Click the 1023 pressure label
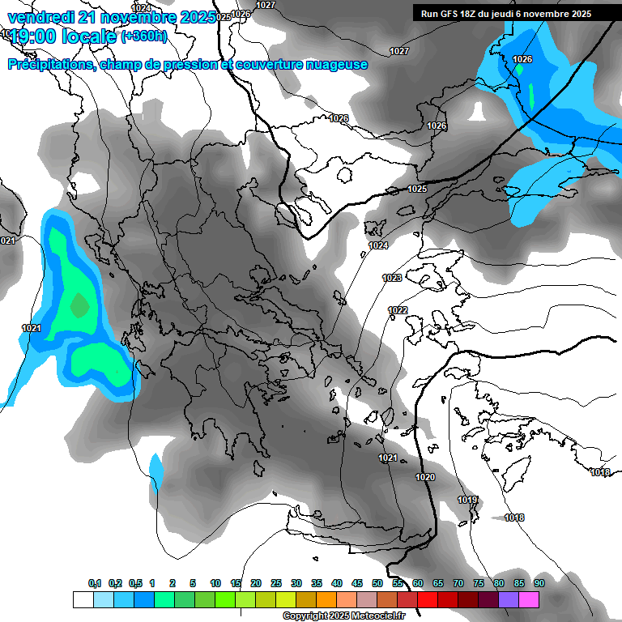[x=392, y=278]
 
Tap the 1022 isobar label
[x=398, y=310]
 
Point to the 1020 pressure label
[x=425, y=477]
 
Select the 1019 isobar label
[x=467, y=500]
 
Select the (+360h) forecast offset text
[x=144, y=36]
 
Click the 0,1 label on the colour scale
[x=95, y=583]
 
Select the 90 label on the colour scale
[x=539, y=583]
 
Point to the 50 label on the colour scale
[x=377, y=583]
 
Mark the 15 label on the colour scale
[x=236, y=583]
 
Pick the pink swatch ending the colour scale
[x=529, y=599]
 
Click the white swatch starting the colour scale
[x=83, y=599]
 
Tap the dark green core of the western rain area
[x=79, y=305]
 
